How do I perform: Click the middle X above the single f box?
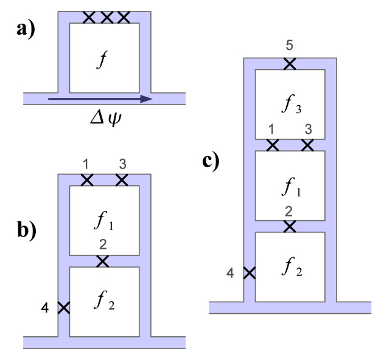tap(106, 17)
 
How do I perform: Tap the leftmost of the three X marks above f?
tap(89, 17)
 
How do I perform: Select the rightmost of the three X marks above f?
tap(124, 17)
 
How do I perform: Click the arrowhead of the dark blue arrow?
tap(146, 99)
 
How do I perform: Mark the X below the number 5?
tap(290, 64)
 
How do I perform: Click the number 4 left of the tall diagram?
tap(230, 273)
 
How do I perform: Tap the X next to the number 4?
tap(249, 273)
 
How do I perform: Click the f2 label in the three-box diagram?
tap(290, 268)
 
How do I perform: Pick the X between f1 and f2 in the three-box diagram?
tap(290, 226)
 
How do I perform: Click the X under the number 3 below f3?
tap(307, 145)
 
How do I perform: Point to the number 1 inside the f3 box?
tap(271, 129)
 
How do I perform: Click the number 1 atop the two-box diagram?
tap(86, 164)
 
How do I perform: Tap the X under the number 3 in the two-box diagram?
tap(122, 179)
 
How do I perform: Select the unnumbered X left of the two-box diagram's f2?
tap(63, 308)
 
